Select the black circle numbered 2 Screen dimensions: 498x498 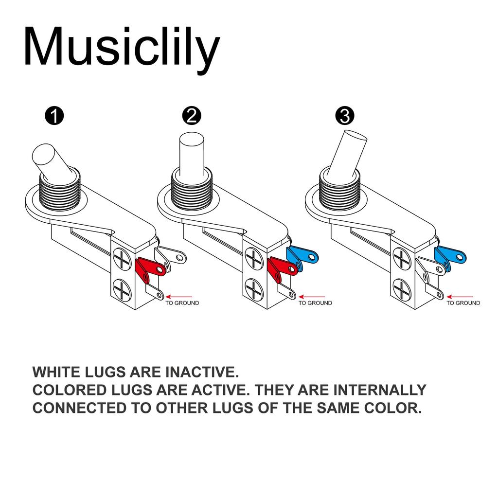(x=191, y=116)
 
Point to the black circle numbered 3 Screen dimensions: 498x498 (x=345, y=116)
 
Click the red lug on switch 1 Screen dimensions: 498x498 (x=150, y=269)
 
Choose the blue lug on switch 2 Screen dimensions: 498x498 (x=302, y=255)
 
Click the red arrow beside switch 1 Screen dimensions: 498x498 (x=179, y=296)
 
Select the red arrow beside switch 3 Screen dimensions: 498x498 (x=460, y=296)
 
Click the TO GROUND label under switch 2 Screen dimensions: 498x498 (x=315, y=303)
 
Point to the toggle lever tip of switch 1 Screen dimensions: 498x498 (x=44, y=156)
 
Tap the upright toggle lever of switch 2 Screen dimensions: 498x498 (x=191, y=151)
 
